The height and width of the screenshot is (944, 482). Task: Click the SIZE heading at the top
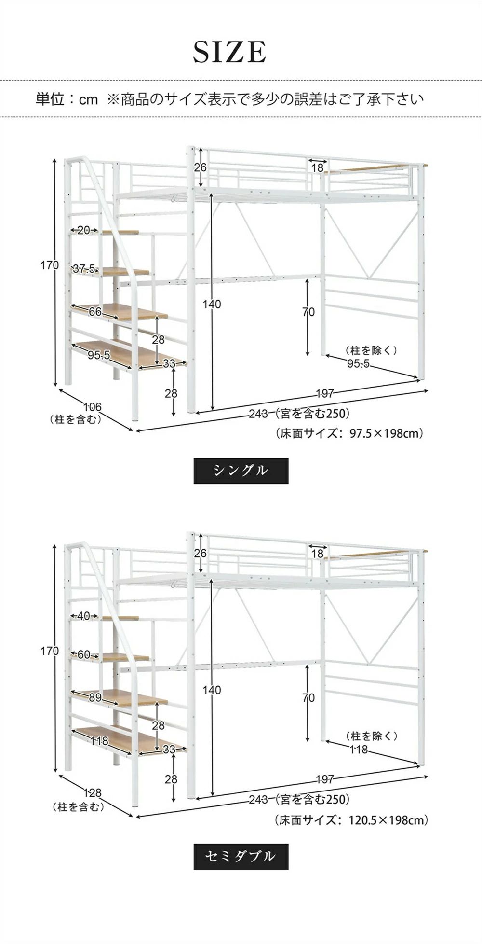[229, 52]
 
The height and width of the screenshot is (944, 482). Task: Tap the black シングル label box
[241, 471]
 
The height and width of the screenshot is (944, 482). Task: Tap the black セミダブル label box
[241, 857]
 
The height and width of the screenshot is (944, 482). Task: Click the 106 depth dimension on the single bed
[92, 407]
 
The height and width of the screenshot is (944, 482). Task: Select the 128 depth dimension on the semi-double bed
[92, 793]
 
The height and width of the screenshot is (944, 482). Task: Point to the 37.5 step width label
[84, 269]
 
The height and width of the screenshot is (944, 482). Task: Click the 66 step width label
[95, 312]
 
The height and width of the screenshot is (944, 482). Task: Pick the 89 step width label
[95, 697]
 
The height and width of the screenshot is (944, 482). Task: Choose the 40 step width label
[83, 616]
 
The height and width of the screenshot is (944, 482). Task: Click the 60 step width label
[83, 654]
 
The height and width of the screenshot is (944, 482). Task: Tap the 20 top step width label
[83, 230]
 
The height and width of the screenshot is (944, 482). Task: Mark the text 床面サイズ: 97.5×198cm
[349, 433]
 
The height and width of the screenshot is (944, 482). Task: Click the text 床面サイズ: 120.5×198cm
[351, 819]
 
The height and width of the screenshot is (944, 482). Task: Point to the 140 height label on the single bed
[212, 304]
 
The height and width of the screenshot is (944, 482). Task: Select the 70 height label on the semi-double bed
[308, 698]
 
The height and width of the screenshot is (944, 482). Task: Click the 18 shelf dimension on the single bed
[317, 167]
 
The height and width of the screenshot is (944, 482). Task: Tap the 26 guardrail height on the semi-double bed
[200, 553]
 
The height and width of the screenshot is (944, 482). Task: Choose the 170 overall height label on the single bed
[49, 265]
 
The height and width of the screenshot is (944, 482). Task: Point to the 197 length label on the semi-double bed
[325, 779]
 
